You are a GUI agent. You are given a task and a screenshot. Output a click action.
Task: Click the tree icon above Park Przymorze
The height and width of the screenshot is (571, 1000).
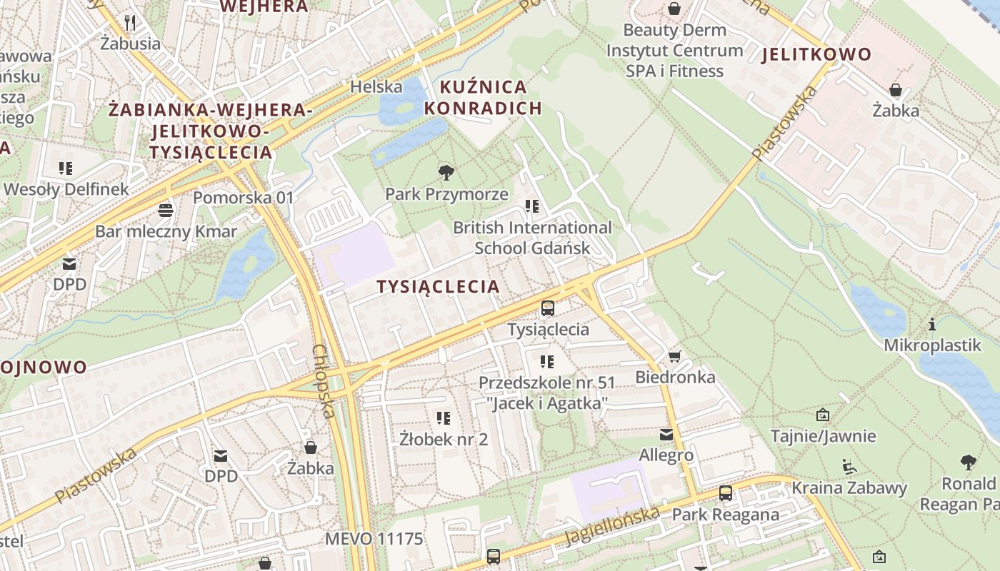point(446,172)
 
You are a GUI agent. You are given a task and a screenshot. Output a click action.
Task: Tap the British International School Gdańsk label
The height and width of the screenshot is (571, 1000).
point(533,238)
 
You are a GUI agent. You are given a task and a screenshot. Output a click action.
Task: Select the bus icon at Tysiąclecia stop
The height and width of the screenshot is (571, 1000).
point(548,308)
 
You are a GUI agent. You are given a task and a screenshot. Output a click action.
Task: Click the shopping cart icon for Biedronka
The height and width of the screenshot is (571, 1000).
point(675,356)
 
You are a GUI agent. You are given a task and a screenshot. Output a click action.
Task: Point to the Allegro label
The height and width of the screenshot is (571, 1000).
point(666,455)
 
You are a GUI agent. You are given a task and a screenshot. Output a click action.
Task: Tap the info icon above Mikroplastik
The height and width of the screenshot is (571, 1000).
point(932,325)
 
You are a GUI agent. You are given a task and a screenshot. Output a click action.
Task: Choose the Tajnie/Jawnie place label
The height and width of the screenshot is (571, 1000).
point(823,435)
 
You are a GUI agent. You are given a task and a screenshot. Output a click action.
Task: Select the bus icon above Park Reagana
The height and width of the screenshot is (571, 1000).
point(726,493)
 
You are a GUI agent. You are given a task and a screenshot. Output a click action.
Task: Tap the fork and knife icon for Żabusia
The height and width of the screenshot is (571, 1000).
point(129,23)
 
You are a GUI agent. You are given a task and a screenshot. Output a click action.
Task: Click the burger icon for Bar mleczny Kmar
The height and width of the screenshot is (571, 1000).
point(166,211)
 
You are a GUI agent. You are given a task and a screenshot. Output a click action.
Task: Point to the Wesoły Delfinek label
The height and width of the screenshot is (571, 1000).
point(66,189)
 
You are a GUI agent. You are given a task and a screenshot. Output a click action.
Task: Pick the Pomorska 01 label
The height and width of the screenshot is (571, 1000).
point(244,197)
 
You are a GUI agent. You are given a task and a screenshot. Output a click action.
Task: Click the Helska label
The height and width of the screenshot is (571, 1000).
point(376,86)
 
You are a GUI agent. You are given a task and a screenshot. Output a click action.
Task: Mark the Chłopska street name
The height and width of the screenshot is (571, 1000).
point(324,381)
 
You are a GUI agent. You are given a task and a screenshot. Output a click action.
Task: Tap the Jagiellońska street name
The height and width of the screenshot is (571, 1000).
point(613,525)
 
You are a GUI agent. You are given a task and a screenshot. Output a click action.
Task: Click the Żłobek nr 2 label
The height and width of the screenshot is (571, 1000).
point(444,439)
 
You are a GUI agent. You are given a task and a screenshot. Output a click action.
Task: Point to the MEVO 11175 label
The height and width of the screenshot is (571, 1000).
point(374,538)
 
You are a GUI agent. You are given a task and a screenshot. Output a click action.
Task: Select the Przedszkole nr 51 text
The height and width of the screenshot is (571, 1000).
point(546,383)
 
